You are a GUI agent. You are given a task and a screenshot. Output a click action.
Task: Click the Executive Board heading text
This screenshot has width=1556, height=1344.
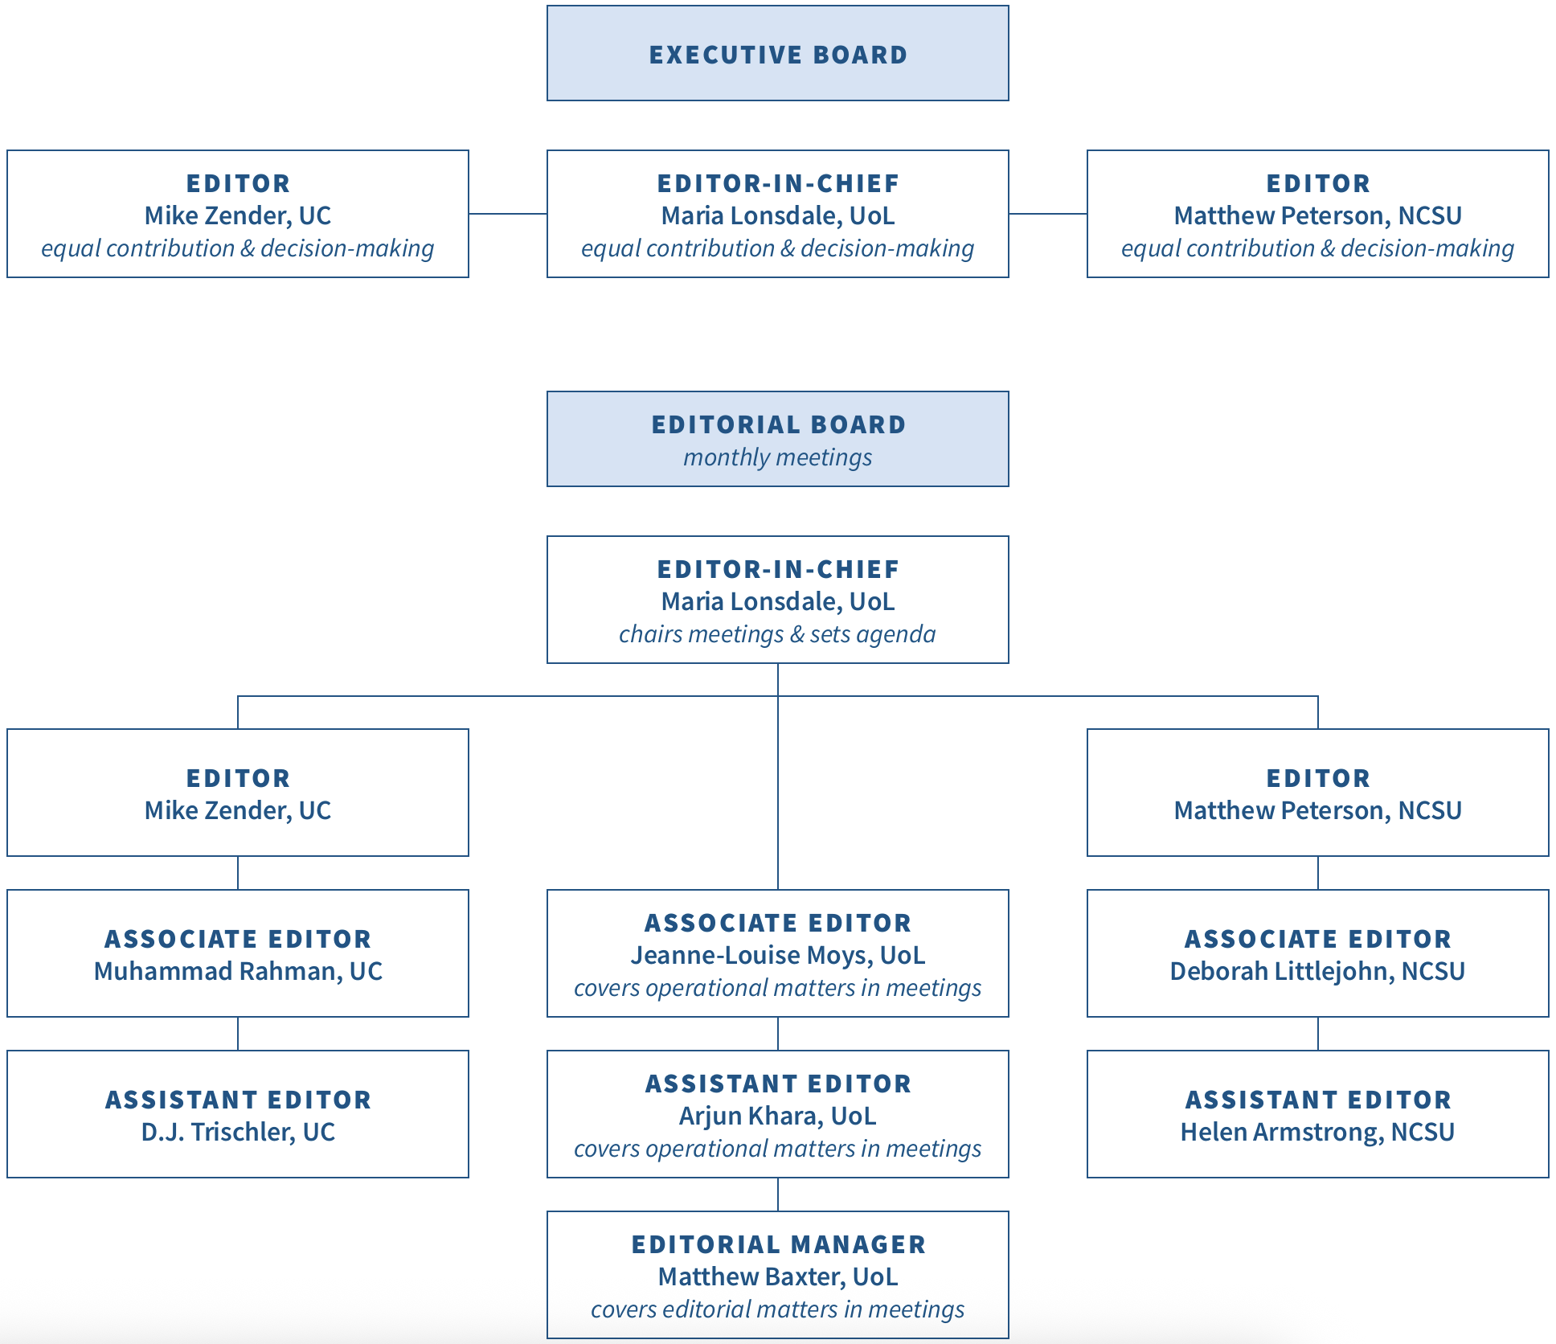tap(778, 55)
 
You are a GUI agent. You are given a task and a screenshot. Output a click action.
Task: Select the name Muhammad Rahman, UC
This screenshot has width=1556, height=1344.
tap(238, 971)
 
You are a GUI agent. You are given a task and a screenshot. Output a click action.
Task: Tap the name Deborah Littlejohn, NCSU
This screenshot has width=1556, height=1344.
tap(1317, 971)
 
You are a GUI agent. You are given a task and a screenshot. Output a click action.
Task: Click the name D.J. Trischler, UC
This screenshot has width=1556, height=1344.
tap(238, 1132)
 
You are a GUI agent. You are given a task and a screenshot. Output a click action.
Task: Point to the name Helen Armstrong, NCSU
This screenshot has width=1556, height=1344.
tap(1317, 1132)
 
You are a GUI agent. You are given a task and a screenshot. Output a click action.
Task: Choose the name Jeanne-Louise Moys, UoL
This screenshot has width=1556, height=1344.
tap(778, 955)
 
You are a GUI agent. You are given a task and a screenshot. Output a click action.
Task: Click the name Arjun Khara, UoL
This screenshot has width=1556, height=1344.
tap(778, 1116)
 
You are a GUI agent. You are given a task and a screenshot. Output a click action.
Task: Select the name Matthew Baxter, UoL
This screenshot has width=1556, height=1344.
tap(778, 1276)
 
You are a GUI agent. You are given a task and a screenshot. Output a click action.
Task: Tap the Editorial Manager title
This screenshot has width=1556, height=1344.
tap(778, 1244)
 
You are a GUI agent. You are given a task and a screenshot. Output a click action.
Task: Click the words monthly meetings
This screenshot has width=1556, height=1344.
tap(778, 457)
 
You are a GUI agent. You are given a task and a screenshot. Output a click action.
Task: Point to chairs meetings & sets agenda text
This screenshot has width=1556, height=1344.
tap(778, 634)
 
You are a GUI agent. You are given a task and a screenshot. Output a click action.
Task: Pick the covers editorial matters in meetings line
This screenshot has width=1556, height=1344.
tap(778, 1309)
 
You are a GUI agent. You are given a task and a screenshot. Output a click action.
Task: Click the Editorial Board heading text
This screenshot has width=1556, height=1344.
tap(778, 424)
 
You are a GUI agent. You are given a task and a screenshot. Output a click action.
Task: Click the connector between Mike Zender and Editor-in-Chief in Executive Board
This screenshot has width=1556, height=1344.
tap(508, 214)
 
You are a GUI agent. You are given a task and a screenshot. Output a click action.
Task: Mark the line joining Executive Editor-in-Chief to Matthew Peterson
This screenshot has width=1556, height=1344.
tap(1048, 214)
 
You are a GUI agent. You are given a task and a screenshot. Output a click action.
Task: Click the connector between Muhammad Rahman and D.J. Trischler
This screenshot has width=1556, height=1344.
tap(238, 1034)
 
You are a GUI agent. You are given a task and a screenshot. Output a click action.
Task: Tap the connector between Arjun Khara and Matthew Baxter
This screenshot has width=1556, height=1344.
tap(778, 1194)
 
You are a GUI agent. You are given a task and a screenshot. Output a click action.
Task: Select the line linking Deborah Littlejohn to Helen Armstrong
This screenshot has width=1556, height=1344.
tap(1318, 1034)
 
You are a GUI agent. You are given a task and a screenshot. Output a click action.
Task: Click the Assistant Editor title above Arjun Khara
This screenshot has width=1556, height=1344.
tap(778, 1084)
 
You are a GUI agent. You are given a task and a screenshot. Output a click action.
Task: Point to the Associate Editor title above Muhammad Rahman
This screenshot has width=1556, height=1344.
tap(238, 939)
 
